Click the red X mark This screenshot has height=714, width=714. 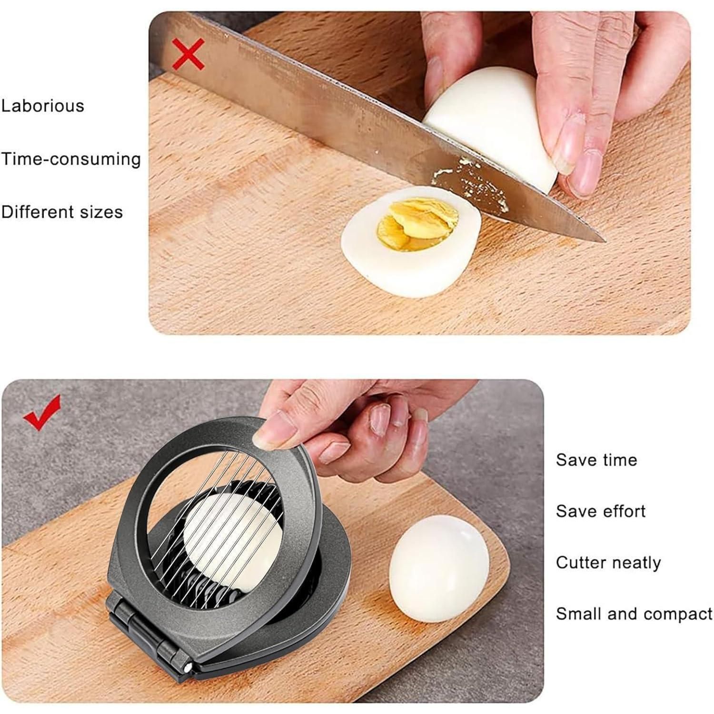188,54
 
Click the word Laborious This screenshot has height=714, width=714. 42,105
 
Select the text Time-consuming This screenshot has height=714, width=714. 71,159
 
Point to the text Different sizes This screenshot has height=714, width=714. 62,211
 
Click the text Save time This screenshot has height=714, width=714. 596,459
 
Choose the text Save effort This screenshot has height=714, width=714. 601,511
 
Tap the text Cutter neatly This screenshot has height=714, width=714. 608,563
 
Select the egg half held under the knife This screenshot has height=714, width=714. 495,122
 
